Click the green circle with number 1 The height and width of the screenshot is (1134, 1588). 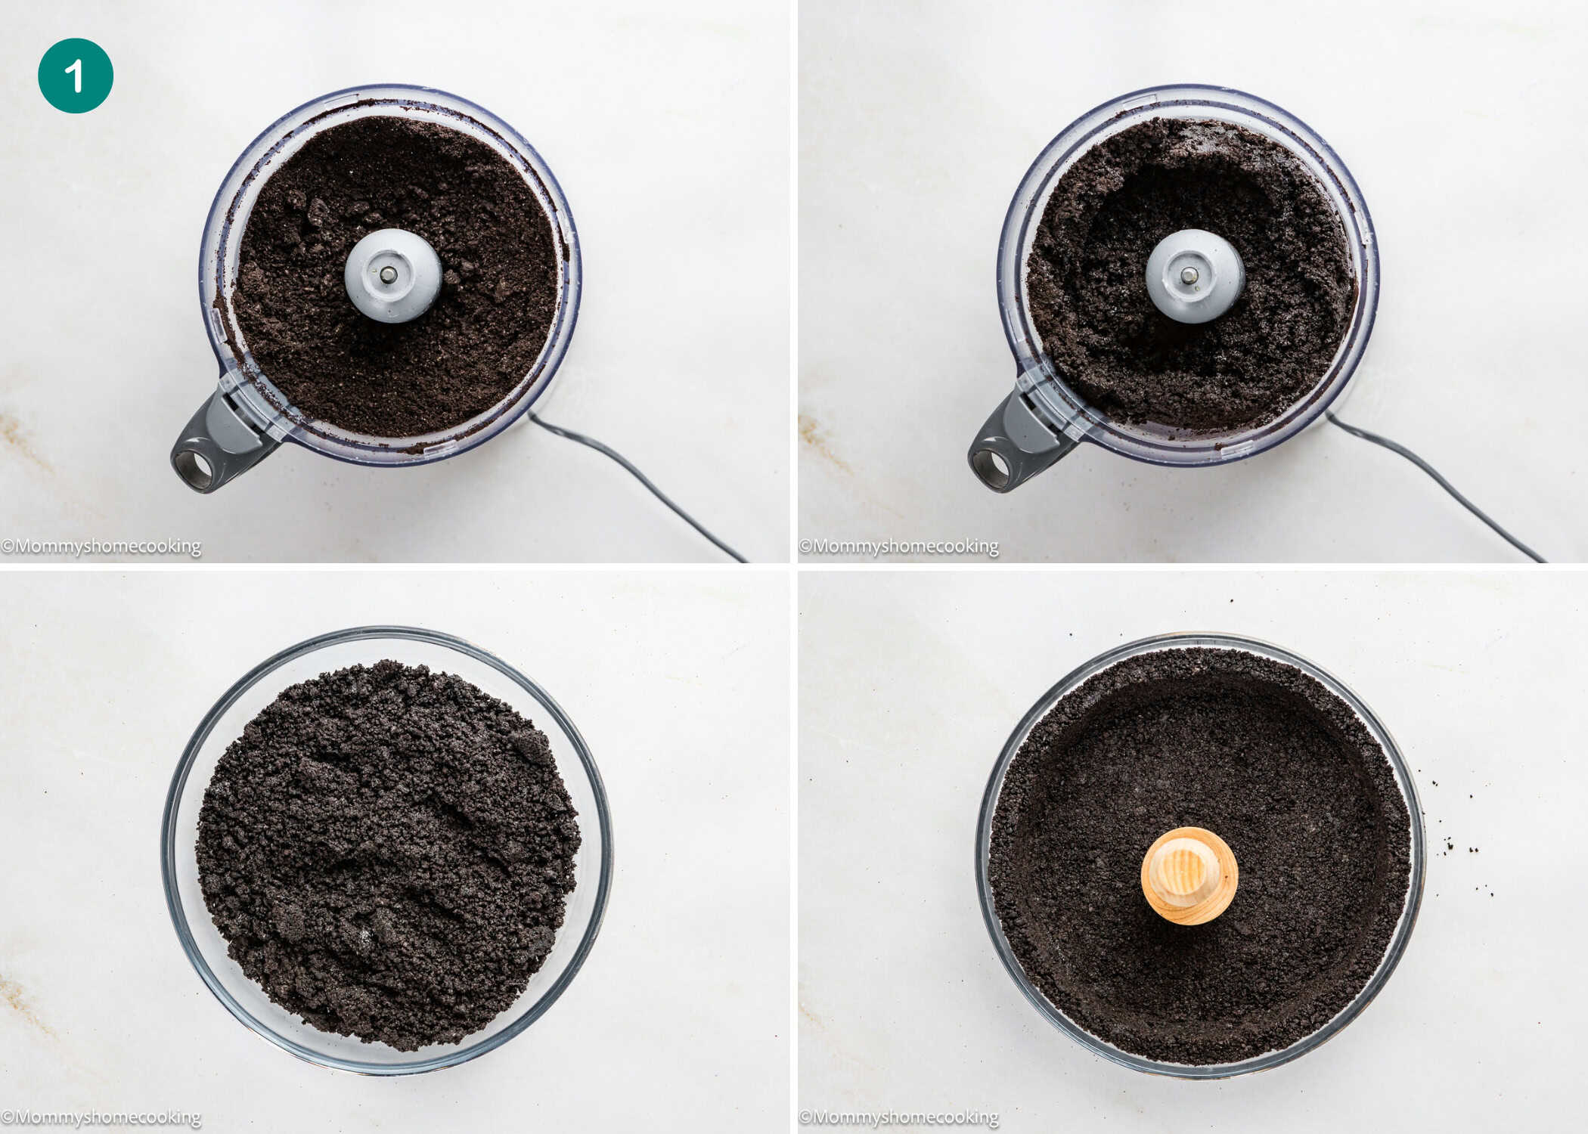(x=76, y=76)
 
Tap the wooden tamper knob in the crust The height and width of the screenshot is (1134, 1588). (x=1189, y=875)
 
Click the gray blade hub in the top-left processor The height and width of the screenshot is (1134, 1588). (x=393, y=276)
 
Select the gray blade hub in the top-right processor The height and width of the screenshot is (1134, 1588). (x=1195, y=276)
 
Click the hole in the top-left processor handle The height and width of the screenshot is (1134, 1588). (x=194, y=469)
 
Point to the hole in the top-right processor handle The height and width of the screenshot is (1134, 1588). (x=991, y=469)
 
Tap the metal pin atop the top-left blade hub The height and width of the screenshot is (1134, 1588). (x=388, y=274)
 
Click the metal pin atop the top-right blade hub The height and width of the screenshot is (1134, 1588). (x=1189, y=274)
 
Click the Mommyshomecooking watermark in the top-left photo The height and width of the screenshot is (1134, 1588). (x=102, y=546)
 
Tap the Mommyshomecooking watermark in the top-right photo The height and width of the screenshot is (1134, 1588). (x=900, y=546)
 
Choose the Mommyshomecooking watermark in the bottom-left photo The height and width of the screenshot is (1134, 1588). (x=102, y=1117)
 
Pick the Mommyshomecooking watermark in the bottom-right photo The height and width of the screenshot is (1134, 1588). (x=900, y=1117)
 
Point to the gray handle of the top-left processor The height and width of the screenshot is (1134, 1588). (x=219, y=446)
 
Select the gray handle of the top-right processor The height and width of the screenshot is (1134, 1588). (x=1017, y=446)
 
